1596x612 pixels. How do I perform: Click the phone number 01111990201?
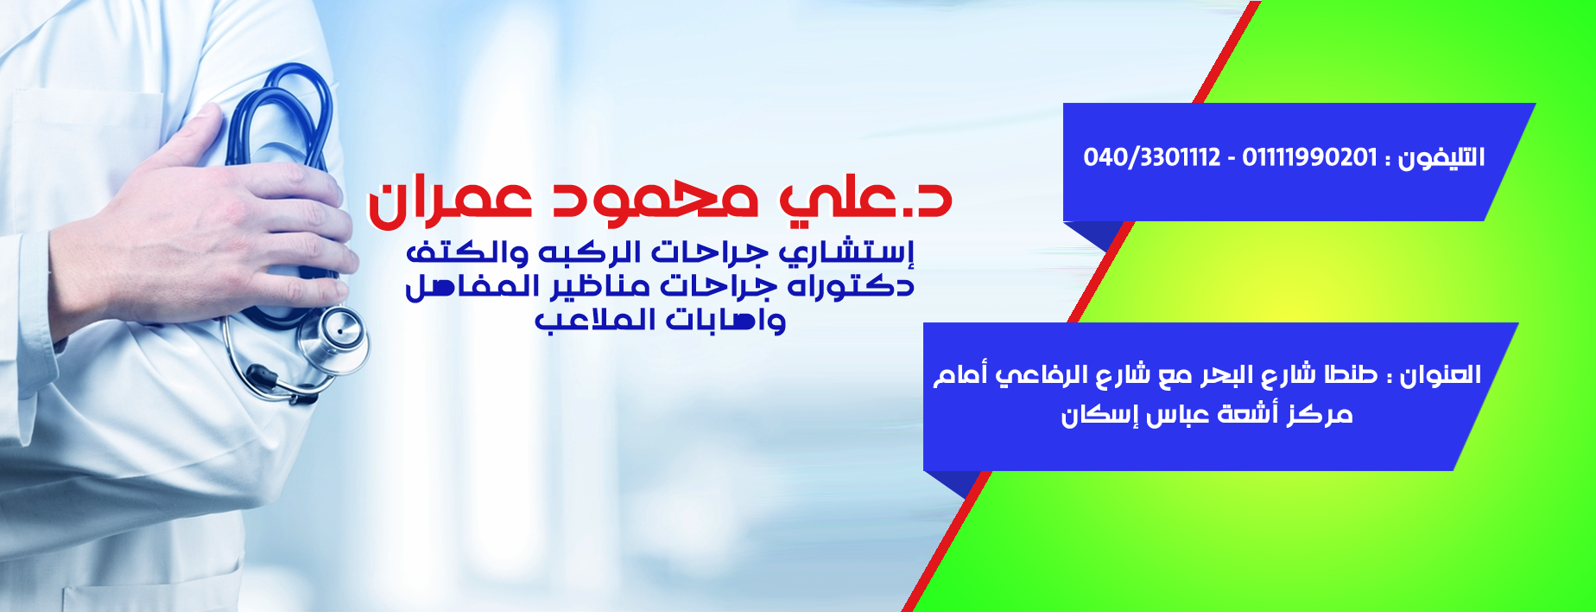tap(1309, 157)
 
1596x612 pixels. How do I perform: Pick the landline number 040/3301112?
tap(1152, 157)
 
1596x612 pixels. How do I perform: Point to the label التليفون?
tap(1442, 157)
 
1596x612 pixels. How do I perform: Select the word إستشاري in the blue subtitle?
tap(846, 253)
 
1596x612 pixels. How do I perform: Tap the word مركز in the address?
tap(1318, 415)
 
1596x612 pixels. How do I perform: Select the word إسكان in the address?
tap(1093, 416)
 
